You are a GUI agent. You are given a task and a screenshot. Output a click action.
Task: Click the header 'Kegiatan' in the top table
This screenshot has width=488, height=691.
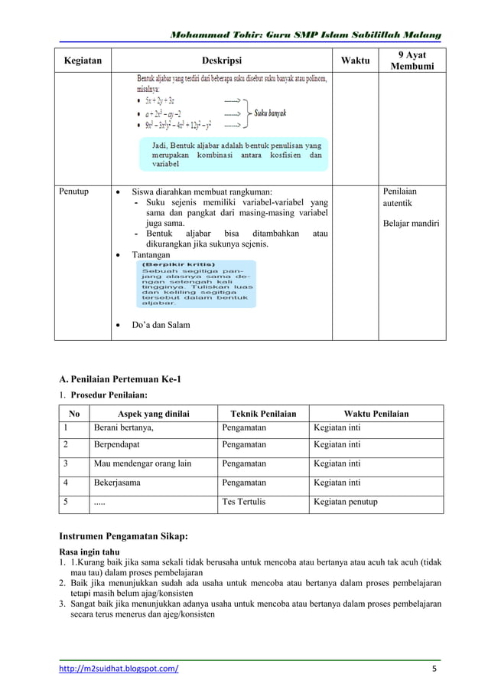[x=84, y=61]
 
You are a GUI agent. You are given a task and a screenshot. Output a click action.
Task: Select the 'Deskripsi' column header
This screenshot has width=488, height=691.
[x=222, y=61]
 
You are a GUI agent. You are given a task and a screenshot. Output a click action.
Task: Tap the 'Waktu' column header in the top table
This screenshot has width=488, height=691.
[x=355, y=61]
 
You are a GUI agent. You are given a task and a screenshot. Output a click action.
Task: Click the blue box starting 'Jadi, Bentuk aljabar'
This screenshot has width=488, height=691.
[x=236, y=153]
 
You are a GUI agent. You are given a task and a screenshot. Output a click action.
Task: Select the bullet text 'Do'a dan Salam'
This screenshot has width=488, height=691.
[x=161, y=325]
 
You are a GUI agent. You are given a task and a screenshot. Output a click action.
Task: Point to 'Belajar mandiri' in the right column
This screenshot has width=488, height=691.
[x=412, y=224]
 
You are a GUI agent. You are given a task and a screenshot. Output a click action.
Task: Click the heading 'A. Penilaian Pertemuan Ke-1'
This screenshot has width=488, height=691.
[x=120, y=378]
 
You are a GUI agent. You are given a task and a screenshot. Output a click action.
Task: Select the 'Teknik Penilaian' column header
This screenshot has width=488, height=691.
[x=263, y=414]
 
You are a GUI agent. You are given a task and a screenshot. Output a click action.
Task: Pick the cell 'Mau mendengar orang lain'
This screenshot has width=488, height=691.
[x=142, y=463]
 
